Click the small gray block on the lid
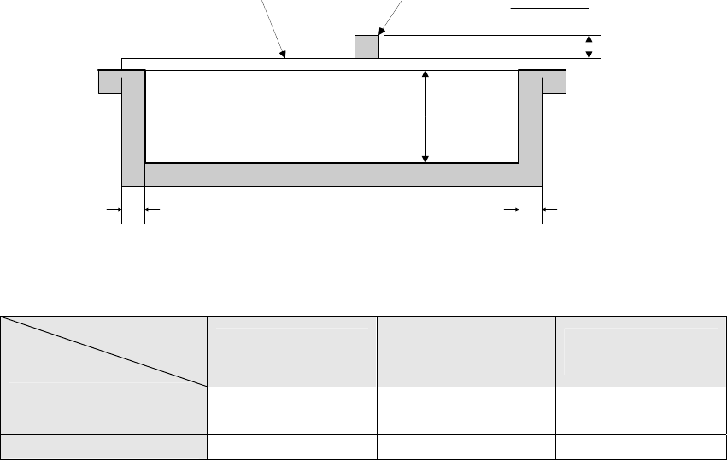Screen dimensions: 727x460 point(366,47)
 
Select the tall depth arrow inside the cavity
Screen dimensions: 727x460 point(425,117)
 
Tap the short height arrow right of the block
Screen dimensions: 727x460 point(589,47)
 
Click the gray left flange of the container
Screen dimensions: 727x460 point(110,81)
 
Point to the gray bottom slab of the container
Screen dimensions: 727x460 point(332,174)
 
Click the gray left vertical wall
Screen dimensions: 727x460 point(133,128)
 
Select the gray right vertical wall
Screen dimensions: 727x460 point(531,128)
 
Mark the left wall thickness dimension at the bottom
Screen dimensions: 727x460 point(133,207)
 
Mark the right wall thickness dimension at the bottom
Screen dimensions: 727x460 point(531,207)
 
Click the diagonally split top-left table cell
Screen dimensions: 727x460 point(103,352)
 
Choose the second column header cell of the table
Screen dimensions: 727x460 point(292,352)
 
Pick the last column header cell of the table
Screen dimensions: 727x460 point(637,352)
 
